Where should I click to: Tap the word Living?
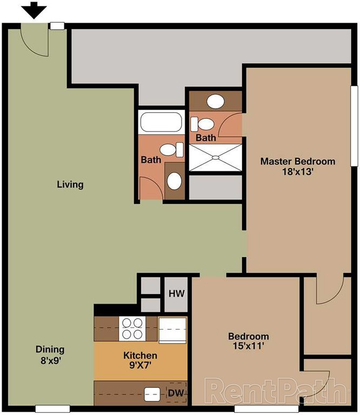(x=70, y=185)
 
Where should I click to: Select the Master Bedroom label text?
(x=297, y=161)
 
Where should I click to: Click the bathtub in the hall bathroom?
(x=161, y=123)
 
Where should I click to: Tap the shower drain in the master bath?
(x=215, y=158)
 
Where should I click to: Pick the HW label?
(x=175, y=293)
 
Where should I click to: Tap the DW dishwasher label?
(x=175, y=393)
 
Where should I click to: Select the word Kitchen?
(x=141, y=355)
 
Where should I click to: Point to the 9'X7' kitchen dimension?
(x=141, y=366)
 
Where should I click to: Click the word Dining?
(x=50, y=349)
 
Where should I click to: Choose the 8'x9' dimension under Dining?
(x=50, y=359)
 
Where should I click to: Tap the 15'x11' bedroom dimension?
(x=248, y=347)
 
